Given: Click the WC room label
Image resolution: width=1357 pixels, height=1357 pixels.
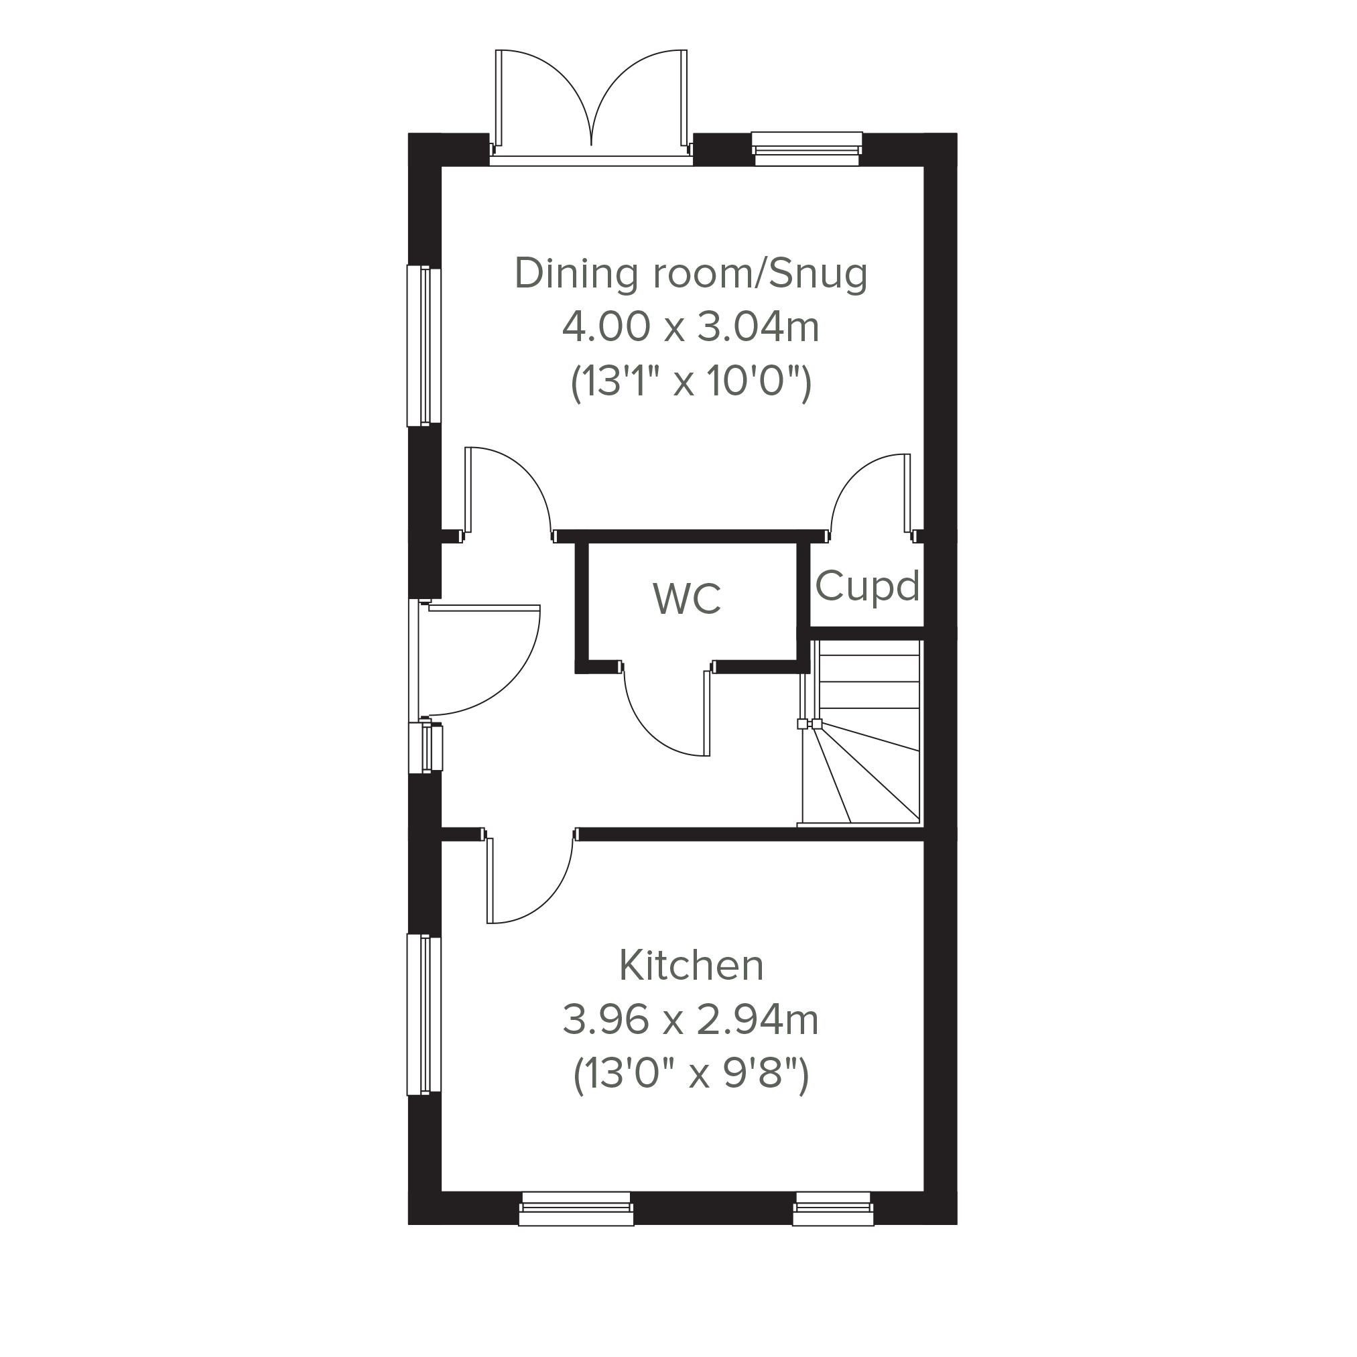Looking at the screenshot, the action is click(686, 598).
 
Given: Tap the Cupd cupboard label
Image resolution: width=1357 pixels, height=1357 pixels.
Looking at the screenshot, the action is click(866, 586).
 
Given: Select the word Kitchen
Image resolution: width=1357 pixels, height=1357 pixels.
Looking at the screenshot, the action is click(690, 965).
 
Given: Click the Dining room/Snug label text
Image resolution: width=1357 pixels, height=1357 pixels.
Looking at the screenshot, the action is click(690, 273).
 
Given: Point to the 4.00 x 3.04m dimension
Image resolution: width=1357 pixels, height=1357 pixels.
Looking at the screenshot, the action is click(690, 327).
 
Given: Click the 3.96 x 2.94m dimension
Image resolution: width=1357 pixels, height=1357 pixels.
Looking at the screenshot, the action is click(690, 1020).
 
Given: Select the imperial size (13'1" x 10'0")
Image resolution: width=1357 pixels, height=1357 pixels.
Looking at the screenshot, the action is click(690, 382).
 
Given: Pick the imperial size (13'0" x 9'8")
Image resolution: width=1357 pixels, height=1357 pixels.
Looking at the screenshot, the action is click(690, 1074).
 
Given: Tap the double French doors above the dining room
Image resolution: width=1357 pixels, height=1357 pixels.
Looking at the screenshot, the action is click(592, 105).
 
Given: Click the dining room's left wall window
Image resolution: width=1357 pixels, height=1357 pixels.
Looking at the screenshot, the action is click(424, 346).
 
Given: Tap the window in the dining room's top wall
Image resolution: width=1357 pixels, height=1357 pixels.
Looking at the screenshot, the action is click(807, 149).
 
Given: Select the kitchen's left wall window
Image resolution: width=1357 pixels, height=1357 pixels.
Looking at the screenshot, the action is click(424, 1015).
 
